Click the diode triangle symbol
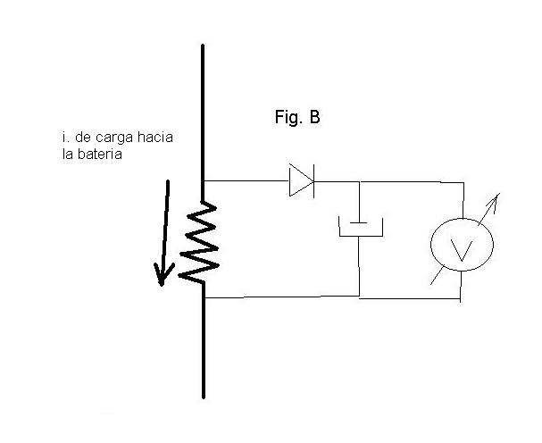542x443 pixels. [302, 180]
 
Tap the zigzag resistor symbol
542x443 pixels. [199, 242]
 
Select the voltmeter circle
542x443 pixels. [462, 245]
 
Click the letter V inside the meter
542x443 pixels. [462, 250]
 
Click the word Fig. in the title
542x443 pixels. [288, 117]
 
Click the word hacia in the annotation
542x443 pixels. [155, 137]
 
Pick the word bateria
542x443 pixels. [99, 154]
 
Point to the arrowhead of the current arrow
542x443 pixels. [163, 275]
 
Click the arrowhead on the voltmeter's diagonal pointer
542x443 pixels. [495, 199]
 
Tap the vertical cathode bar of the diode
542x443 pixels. [313, 181]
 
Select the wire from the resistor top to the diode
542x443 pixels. [246, 180]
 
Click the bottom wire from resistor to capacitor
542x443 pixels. [282, 297]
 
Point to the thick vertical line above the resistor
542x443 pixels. [203, 122]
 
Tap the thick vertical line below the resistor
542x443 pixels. [204, 340]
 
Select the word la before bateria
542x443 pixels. [68, 154]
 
